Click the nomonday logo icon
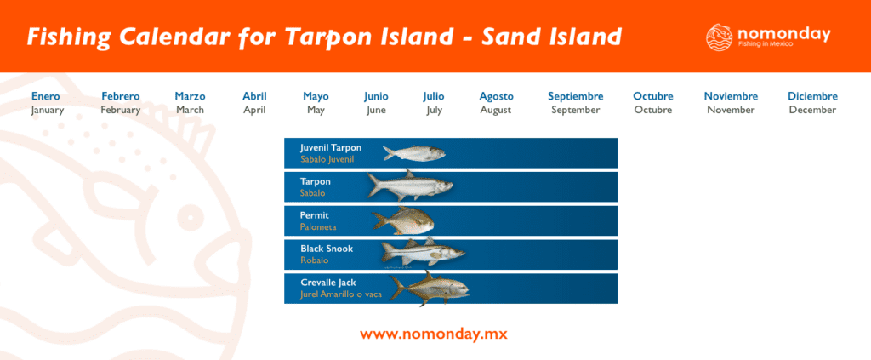(x=720, y=37)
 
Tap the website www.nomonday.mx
(x=434, y=334)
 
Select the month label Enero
(x=46, y=96)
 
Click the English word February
(x=120, y=110)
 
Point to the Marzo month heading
(x=190, y=96)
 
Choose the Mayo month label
(x=316, y=96)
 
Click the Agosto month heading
(x=496, y=96)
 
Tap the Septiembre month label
(x=575, y=96)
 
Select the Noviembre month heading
(x=731, y=96)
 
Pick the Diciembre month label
(x=812, y=96)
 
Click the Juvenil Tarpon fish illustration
(x=413, y=153)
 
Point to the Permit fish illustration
(x=404, y=220)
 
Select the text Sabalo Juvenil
(x=327, y=159)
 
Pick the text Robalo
(x=315, y=260)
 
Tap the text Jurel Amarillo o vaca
(x=340, y=294)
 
